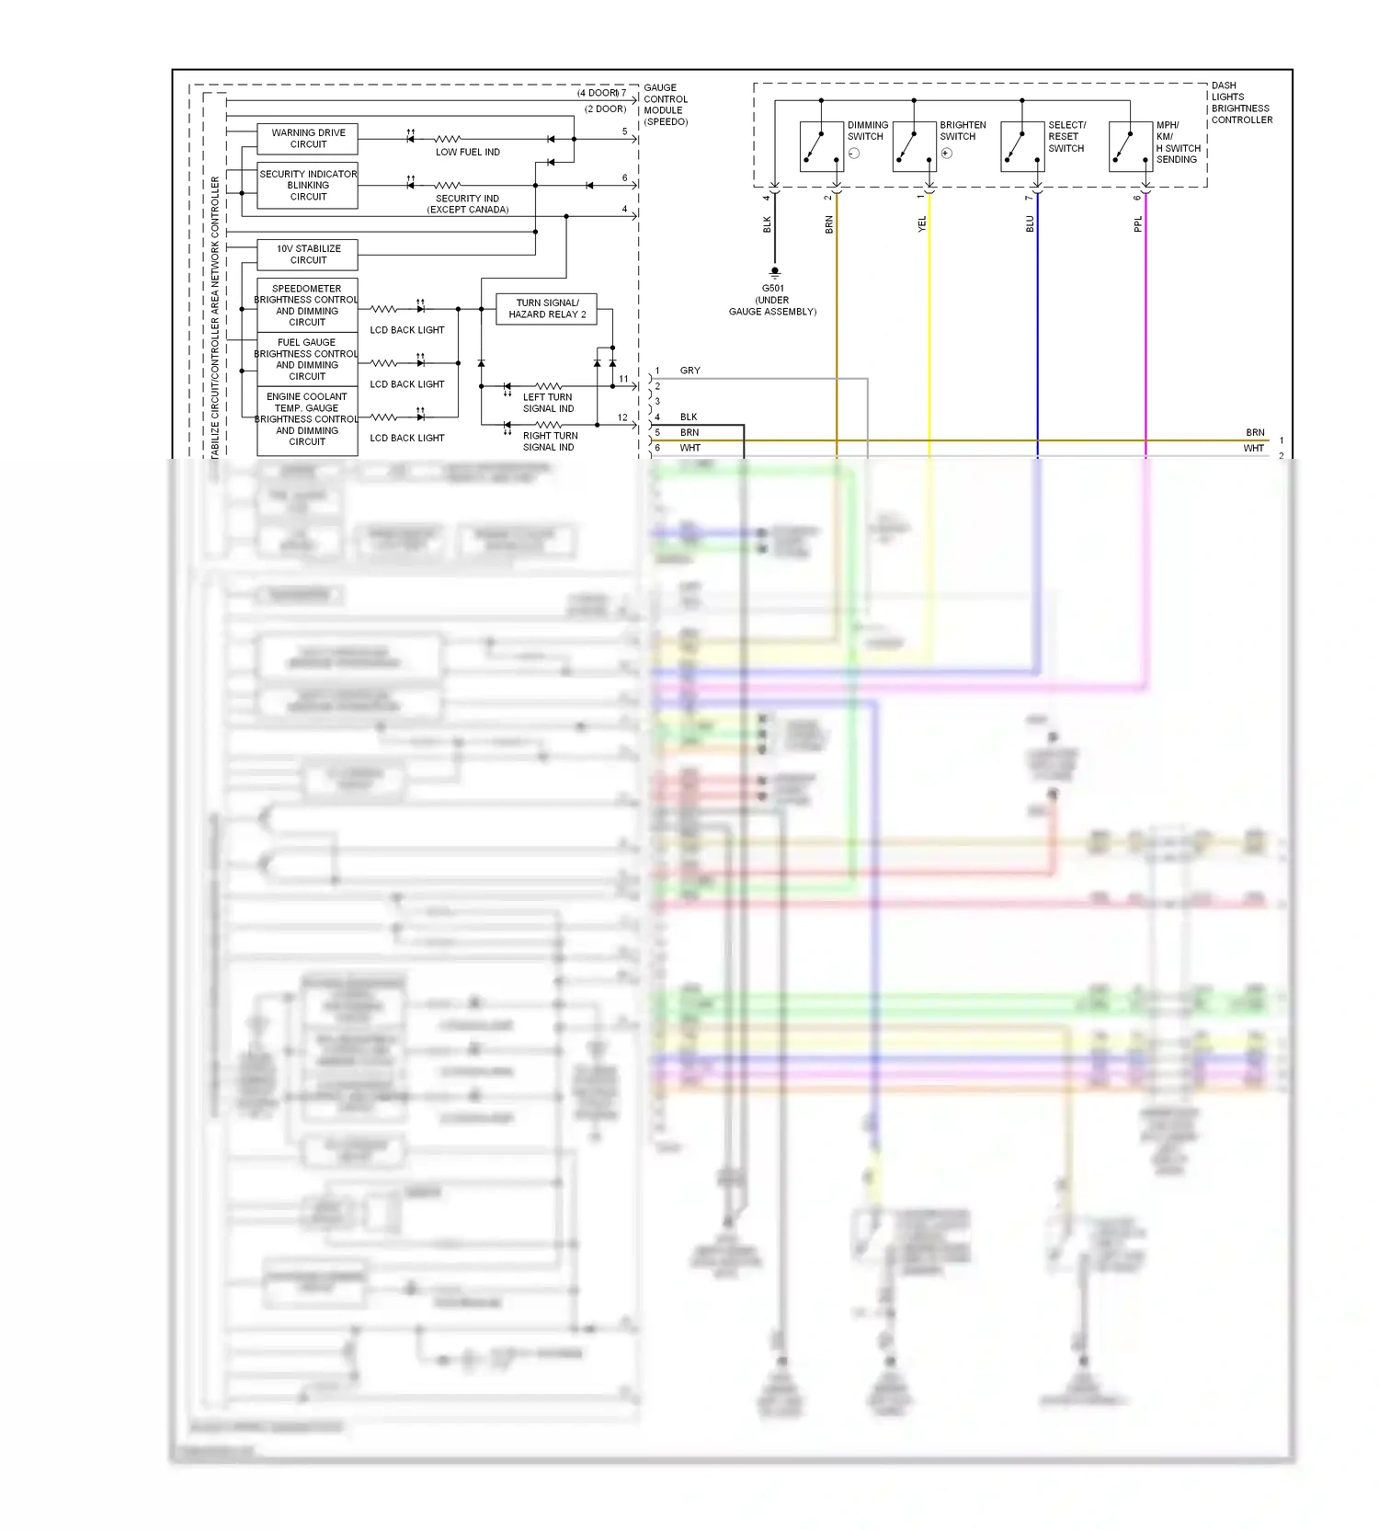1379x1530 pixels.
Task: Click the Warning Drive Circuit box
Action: (307, 139)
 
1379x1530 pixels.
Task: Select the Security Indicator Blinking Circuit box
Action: (307, 186)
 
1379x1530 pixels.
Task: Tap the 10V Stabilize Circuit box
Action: (307, 255)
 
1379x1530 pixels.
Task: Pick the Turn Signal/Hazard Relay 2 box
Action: (547, 309)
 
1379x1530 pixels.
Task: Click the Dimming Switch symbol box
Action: (822, 146)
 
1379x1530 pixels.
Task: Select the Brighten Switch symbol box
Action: (914, 146)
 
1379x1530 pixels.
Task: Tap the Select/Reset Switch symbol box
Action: (1022, 146)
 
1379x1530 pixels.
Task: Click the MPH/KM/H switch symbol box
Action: (1131, 146)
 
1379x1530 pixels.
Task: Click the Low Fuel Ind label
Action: (467, 153)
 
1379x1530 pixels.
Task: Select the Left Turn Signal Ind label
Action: (548, 403)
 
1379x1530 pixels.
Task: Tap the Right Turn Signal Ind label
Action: (550, 441)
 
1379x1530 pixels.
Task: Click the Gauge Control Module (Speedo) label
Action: (666, 105)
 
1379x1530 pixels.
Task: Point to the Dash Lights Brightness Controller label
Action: (1241, 103)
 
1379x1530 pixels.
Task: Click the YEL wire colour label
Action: (922, 224)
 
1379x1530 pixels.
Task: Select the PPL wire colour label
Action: (1138, 224)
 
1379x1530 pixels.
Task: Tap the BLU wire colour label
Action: (1030, 224)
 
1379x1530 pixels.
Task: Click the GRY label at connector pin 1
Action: (689, 371)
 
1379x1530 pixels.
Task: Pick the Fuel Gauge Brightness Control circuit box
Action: (307, 360)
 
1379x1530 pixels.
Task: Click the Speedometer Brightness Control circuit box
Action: (307, 305)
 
